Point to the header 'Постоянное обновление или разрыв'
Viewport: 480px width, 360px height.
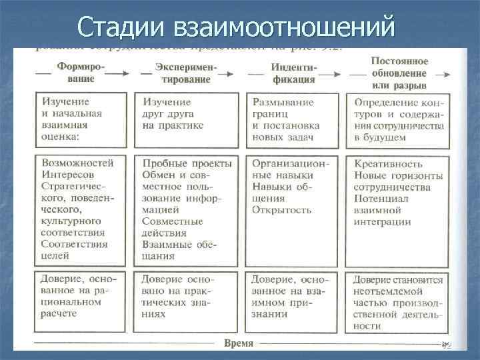click(399, 73)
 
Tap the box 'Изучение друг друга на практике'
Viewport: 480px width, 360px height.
click(186, 120)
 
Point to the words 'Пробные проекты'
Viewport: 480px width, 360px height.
click(187, 163)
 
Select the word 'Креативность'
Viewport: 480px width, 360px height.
click(389, 163)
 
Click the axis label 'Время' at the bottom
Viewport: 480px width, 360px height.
click(238, 343)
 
